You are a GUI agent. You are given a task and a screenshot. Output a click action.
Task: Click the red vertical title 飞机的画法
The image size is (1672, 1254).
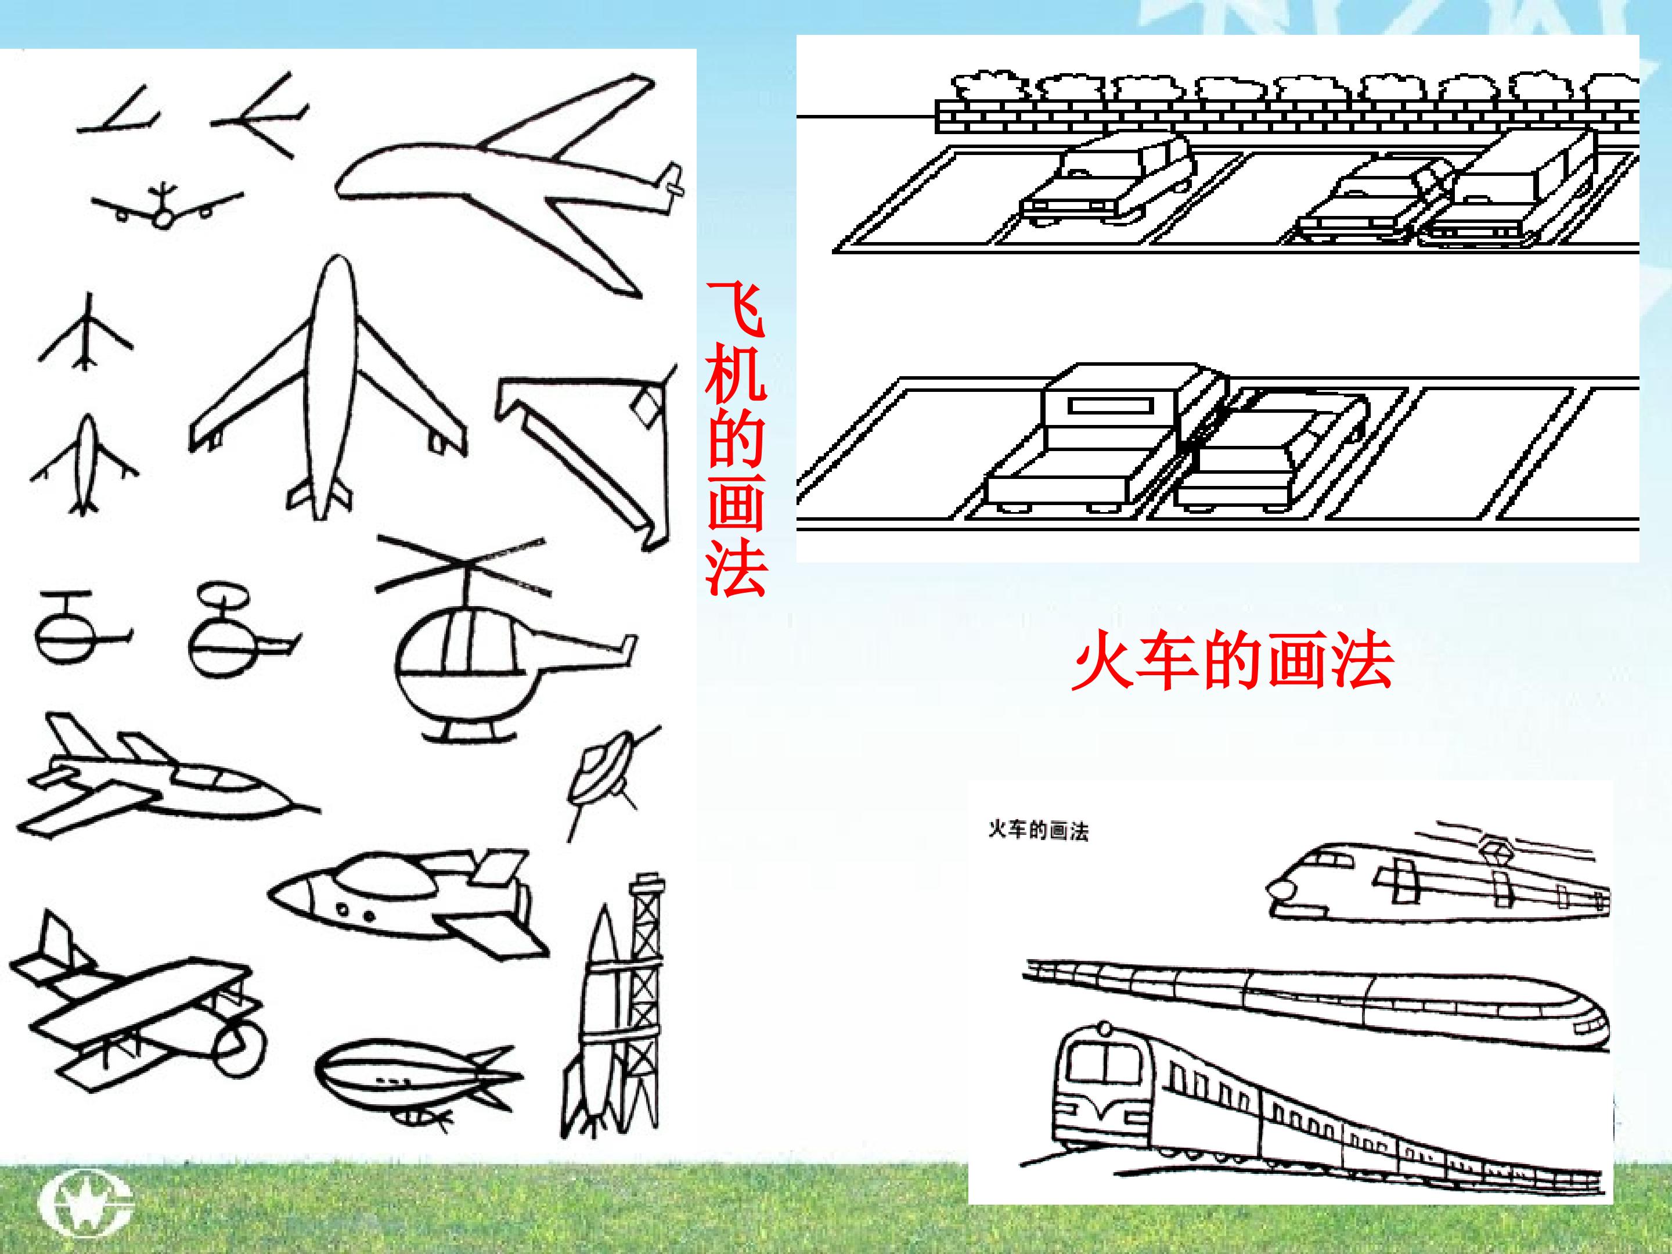(736, 438)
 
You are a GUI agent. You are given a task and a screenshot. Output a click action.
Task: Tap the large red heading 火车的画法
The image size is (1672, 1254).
(1232, 663)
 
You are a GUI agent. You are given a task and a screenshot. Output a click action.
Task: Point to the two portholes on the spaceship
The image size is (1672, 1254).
(355, 913)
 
